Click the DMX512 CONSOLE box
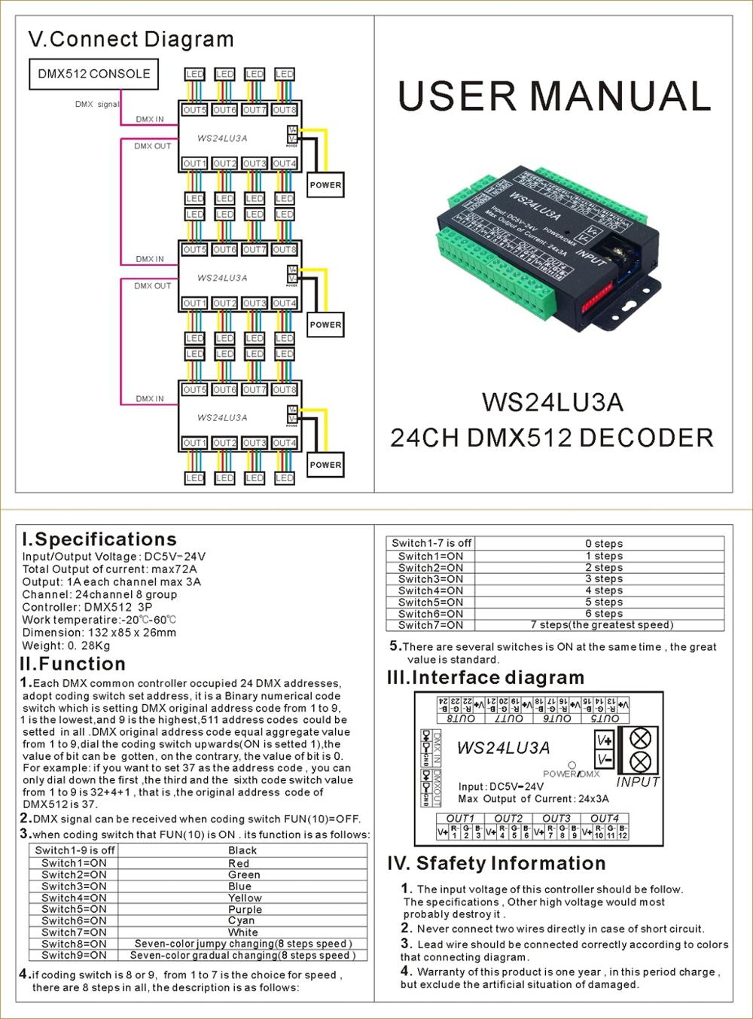(94, 74)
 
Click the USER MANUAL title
(554, 96)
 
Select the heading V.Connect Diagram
(131, 39)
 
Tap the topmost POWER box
(325, 185)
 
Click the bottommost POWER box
(325, 465)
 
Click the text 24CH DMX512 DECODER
(552, 438)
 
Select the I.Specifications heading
(99, 539)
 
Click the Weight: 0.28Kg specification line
(66, 645)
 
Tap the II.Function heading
(73, 664)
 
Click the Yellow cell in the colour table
(245, 898)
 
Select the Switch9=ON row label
(74, 955)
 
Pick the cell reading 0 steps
(603, 543)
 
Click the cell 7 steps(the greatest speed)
(602, 624)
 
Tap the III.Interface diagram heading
(486, 677)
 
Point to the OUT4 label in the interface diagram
(605, 818)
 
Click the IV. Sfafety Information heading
(496, 863)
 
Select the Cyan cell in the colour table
(242, 920)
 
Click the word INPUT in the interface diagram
(637, 782)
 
